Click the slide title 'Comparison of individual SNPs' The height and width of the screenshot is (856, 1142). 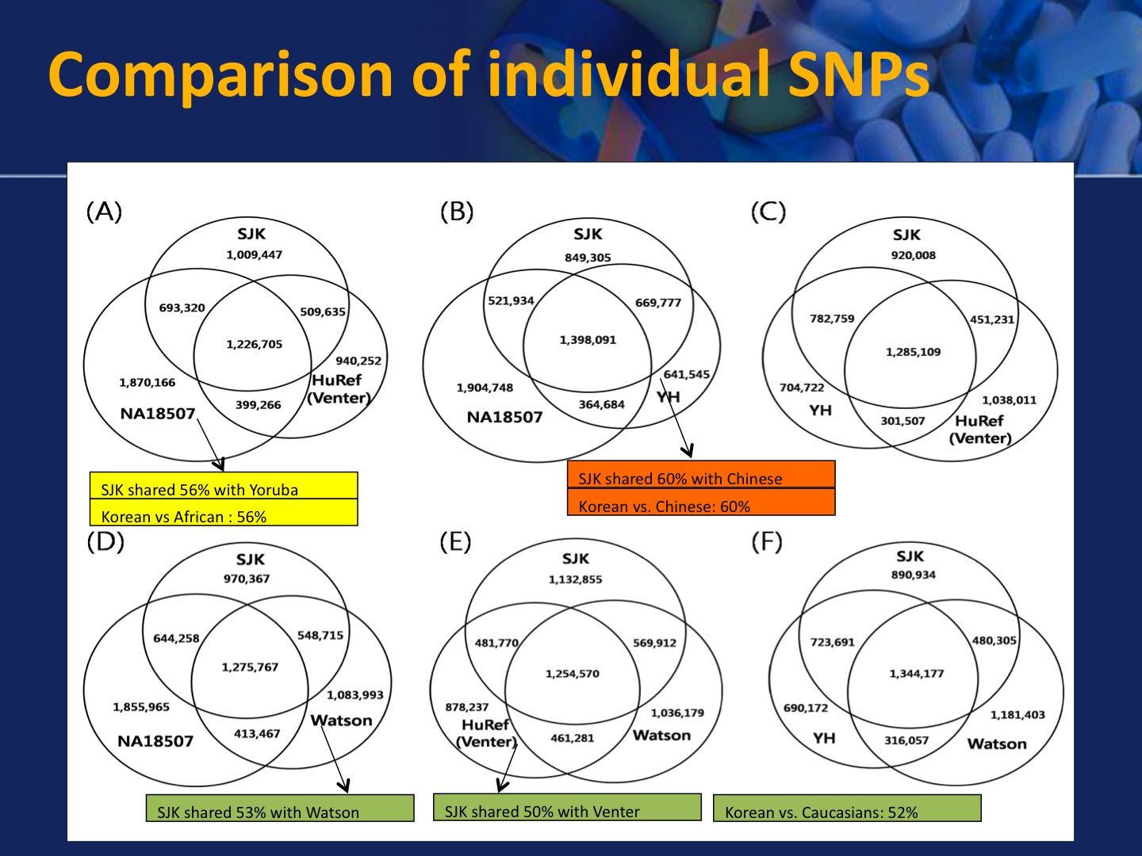(x=488, y=74)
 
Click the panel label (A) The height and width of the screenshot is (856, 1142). (x=104, y=212)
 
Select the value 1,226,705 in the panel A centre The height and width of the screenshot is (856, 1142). (x=254, y=344)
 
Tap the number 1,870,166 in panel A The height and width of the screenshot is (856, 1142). (x=147, y=382)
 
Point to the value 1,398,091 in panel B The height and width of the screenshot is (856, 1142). (x=588, y=339)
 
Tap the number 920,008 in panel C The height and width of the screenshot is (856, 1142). (x=913, y=255)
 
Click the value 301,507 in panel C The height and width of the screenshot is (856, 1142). (x=902, y=421)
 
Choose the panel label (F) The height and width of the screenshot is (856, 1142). (x=766, y=542)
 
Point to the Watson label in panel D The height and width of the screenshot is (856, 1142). (x=341, y=720)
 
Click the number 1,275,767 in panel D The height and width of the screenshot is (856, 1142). (x=250, y=667)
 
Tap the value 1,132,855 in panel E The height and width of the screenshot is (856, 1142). (x=575, y=579)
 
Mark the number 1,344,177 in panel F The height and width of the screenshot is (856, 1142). (x=916, y=674)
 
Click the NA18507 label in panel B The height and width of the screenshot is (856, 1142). (x=504, y=417)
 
